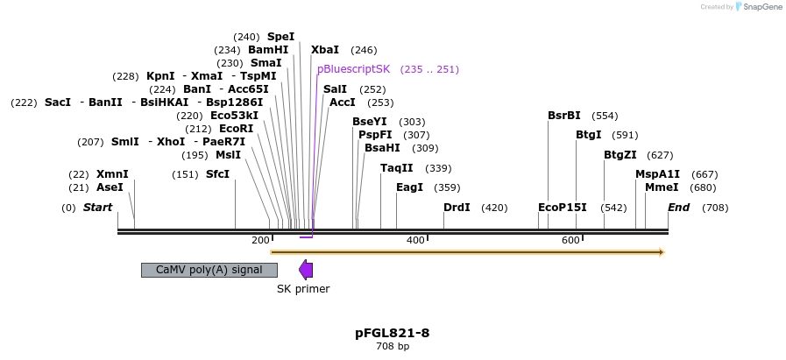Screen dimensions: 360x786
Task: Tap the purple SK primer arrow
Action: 306,270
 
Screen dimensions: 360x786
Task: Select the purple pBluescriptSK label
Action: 353,69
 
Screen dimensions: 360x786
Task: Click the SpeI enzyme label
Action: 280,37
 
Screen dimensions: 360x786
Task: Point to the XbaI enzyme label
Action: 325,50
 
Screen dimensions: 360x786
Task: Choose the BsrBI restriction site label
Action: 564,116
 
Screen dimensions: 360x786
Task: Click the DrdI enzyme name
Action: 457,208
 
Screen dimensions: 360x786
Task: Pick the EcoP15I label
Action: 563,208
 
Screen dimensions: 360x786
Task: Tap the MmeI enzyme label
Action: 662,187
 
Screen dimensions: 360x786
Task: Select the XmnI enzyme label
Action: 112,174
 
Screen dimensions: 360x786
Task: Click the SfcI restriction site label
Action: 217,174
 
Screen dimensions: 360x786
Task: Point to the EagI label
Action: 409,187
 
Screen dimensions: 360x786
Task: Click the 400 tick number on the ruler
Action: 416,240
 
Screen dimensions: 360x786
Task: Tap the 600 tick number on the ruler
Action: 570,240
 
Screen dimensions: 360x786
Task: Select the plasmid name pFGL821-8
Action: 393,333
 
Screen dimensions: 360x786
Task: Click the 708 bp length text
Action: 393,347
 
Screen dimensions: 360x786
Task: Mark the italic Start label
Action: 97,208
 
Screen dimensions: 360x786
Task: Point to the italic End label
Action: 678,208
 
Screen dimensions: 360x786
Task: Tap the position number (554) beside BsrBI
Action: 605,116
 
